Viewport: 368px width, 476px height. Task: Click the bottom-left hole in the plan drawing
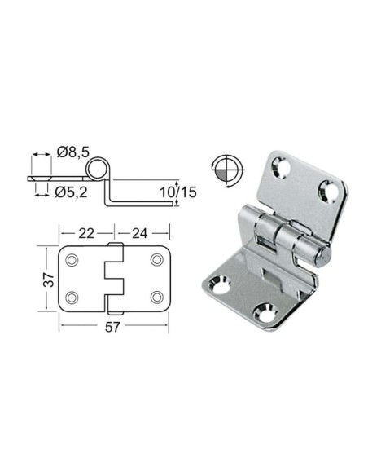point(73,296)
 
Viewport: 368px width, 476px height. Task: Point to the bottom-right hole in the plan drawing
point(156,296)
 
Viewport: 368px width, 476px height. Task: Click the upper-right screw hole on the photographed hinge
point(330,192)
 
